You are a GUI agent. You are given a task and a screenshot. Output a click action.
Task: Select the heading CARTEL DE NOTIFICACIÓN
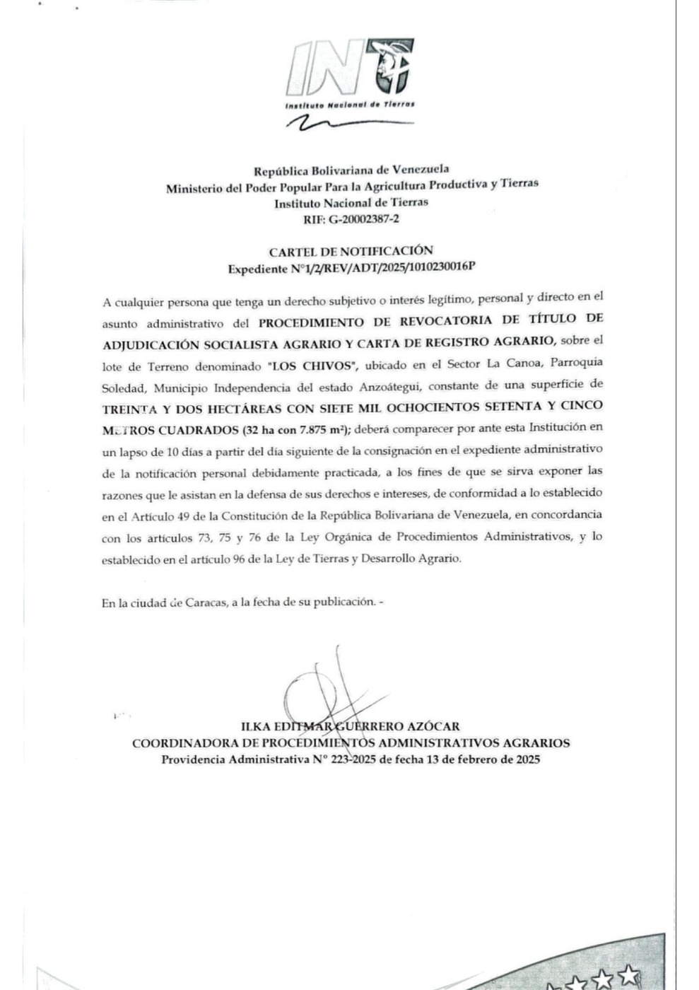(x=351, y=251)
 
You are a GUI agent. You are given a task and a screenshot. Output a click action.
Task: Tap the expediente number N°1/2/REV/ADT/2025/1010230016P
(x=382, y=269)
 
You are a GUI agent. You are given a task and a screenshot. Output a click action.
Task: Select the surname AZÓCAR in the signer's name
(x=433, y=726)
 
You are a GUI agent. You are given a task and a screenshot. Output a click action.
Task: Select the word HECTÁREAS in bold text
(x=247, y=408)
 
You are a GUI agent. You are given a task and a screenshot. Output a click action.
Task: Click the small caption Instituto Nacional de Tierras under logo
(x=349, y=105)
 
